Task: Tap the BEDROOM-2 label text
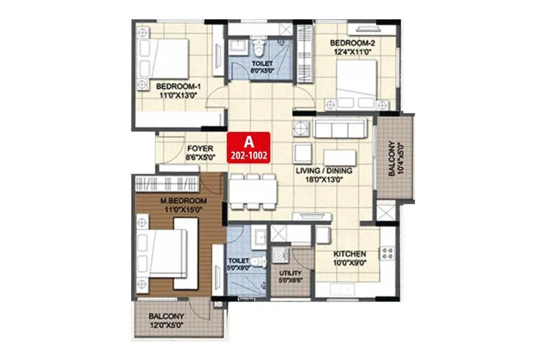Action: pos(352,44)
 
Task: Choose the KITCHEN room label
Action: pos(350,253)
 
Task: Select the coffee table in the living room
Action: pos(340,157)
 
